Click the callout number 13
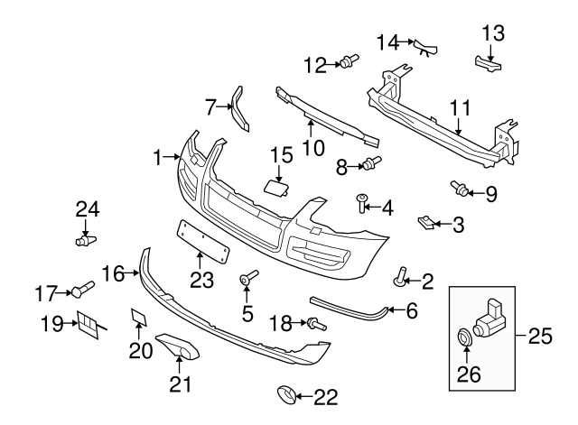pyautogui.click(x=493, y=34)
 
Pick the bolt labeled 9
pyautogui.click(x=461, y=189)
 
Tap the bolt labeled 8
pyautogui.click(x=371, y=163)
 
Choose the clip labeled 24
pyautogui.click(x=87, y=241)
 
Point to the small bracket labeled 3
pyautogui.click(x=424, y=220)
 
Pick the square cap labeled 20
pyautogui.click(x=139, y=316)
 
